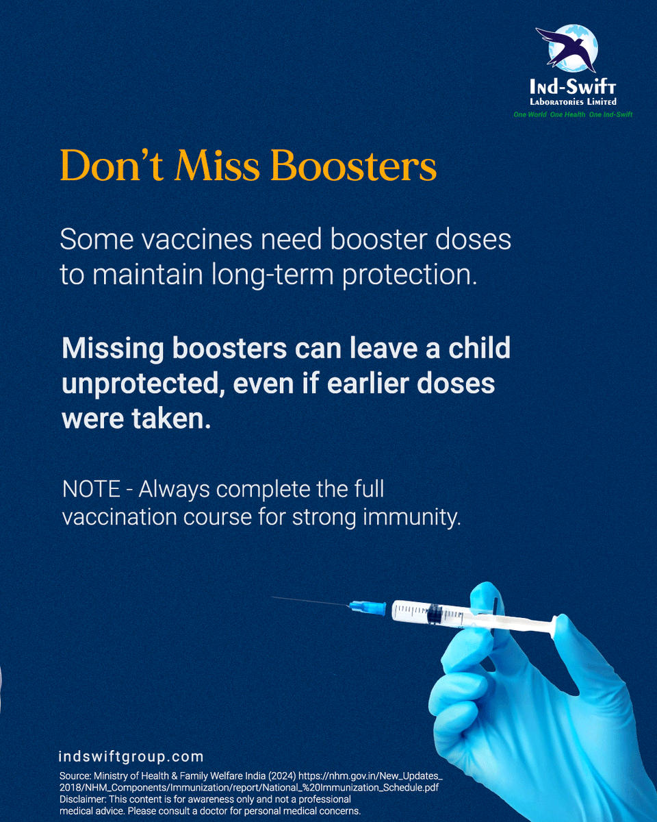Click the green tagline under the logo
point(573,114)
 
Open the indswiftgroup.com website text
point(131,757)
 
